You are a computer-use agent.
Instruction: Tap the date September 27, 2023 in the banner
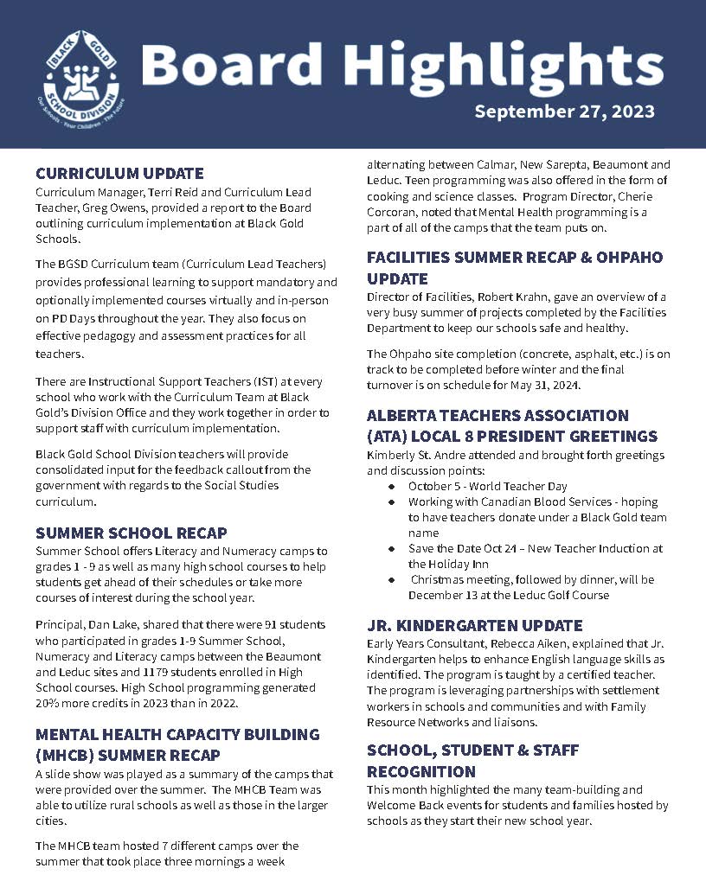(x=564, y=112)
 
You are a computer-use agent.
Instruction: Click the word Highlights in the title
(x=506, y=66)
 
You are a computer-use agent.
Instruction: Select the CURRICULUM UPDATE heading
(x=119, y=173)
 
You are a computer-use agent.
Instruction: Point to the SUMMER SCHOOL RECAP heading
(x=132, y=533)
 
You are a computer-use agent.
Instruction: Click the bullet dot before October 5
(x=392, y=487)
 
